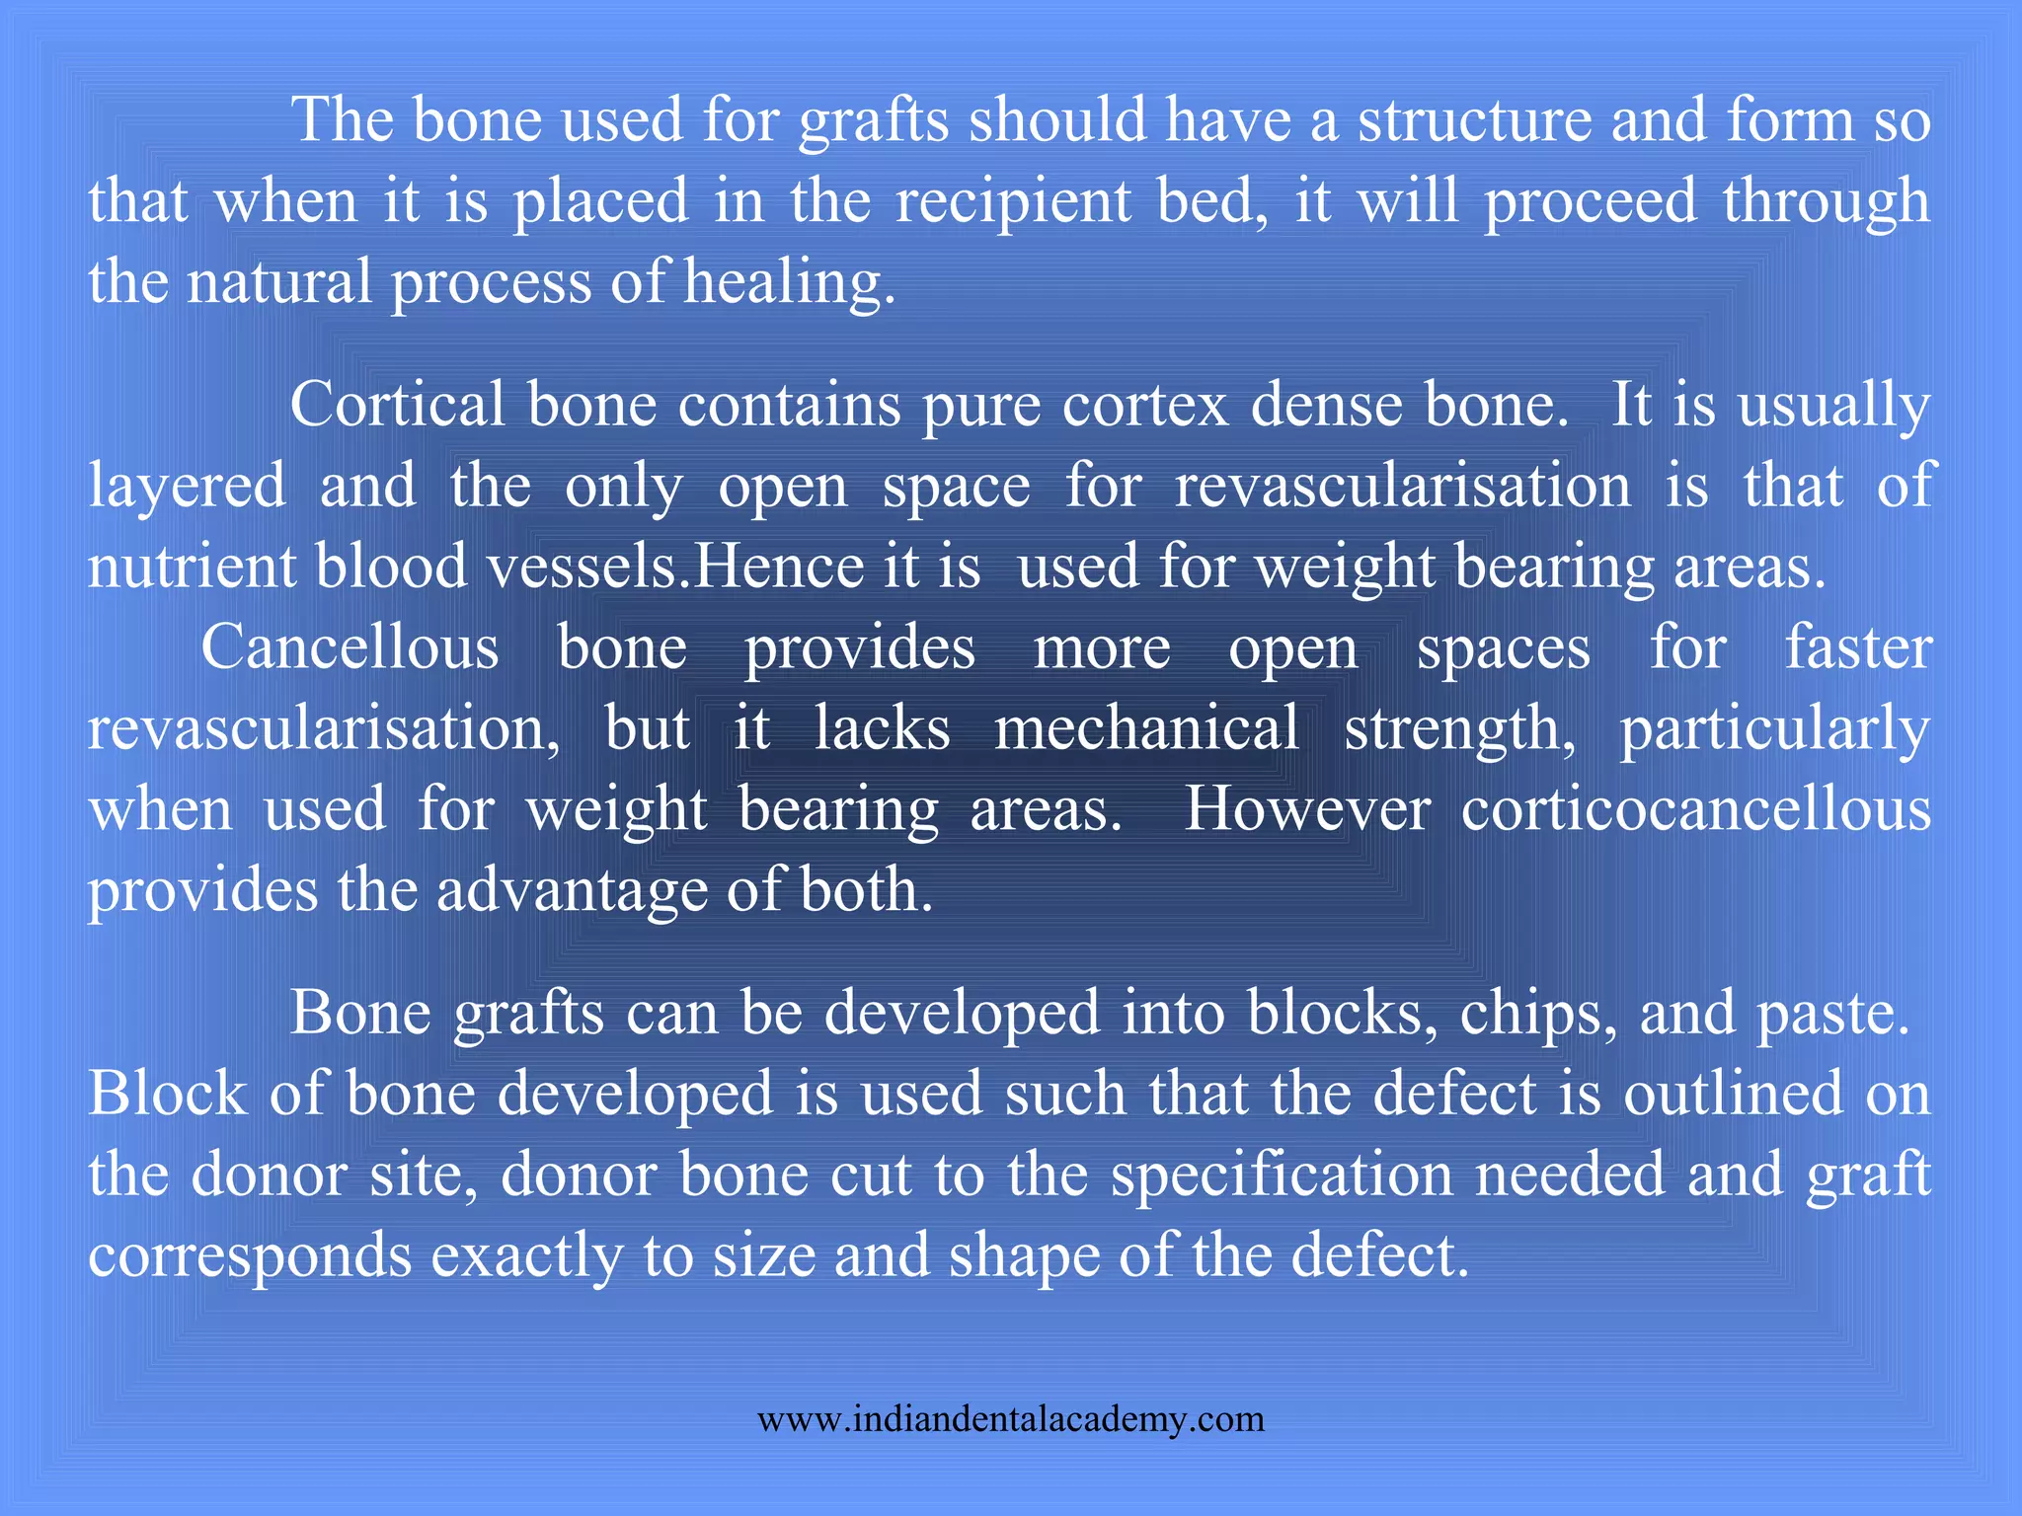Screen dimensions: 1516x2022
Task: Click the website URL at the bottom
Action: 1010,1419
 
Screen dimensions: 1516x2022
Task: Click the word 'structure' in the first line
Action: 1473,120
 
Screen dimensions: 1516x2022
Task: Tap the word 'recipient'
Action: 1013,201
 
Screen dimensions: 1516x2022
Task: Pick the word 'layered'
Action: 188,488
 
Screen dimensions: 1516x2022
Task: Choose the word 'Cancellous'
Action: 350,648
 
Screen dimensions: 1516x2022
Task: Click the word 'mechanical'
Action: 1146,729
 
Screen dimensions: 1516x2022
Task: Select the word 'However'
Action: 1306,810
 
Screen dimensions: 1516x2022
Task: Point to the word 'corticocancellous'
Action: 1695,810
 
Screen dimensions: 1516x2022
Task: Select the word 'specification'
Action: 1282,1175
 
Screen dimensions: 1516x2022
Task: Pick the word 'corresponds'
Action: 250,1256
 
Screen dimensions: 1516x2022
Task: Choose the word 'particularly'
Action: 1774,729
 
